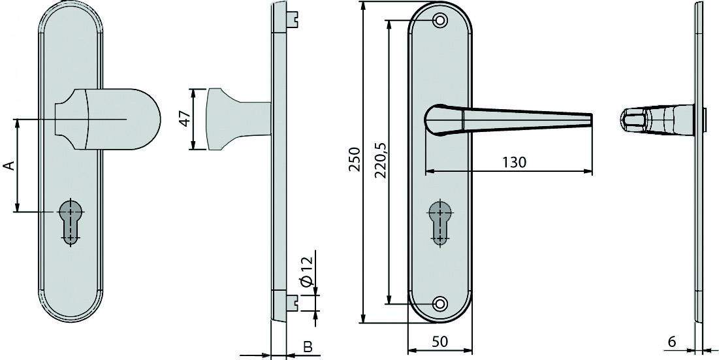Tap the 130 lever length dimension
click(514, 162)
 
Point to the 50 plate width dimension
click(439, 340)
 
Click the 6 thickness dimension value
click(672, 340)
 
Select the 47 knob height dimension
click(184, 119)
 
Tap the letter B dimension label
click(307, 346)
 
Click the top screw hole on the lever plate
click(440, 21)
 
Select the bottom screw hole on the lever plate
click(440, 304)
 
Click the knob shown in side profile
click(229, 119)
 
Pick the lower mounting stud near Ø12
click(294, 302)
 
